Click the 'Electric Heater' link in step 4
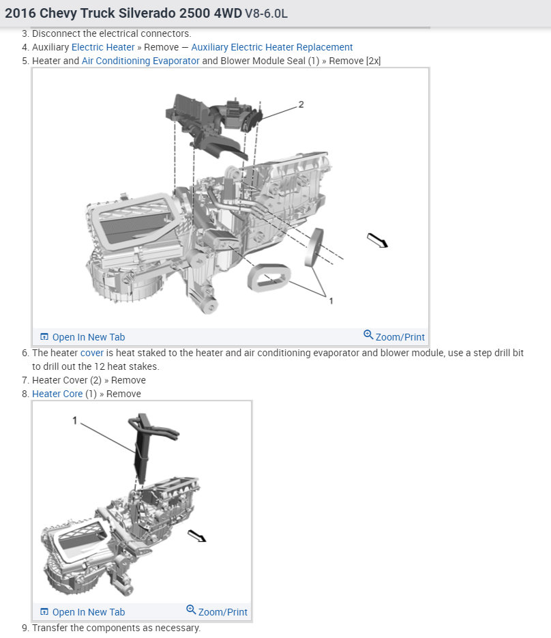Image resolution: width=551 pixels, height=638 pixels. (103, 47)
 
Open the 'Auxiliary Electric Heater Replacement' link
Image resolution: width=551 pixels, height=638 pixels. (271, 47)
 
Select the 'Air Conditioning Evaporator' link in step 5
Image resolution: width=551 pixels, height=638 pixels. (140, 61)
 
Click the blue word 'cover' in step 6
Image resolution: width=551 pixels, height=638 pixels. (92, 353)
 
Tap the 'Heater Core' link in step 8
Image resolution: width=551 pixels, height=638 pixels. (57, 394)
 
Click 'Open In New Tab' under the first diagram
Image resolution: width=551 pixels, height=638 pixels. (83, 337)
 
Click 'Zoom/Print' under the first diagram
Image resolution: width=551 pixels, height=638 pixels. (394, 336)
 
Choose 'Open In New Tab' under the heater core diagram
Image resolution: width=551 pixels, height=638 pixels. (83, 612)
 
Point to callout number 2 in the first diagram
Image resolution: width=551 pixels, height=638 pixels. (301, 104)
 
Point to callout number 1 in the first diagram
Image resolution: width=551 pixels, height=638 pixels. (331, 300)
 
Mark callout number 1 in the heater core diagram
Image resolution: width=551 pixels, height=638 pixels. (75, 421)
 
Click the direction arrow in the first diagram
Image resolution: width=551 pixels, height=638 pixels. (377, 240)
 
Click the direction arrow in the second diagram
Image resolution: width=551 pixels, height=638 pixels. (197, 536)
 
